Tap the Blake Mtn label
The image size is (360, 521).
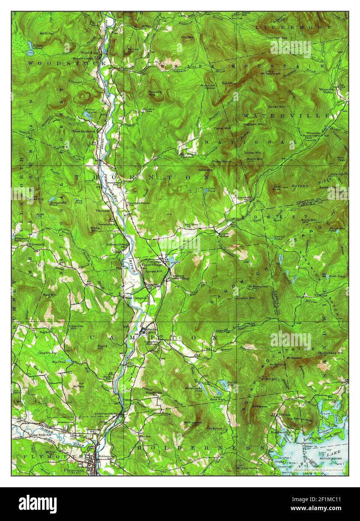(x=93, y=229)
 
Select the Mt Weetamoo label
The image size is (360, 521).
(x=257, y=287)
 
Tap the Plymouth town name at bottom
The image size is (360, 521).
(x=72, y=469)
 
